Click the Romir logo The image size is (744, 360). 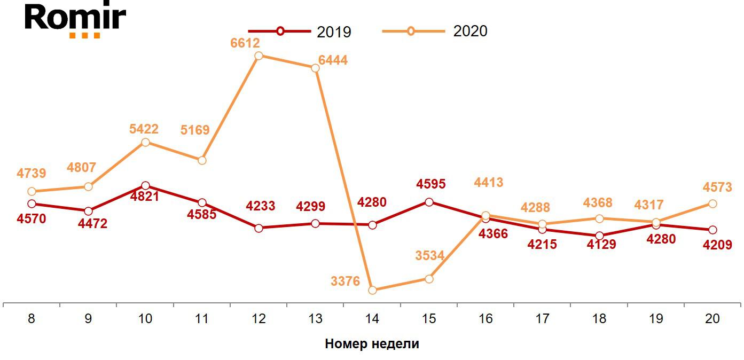coord(75,20)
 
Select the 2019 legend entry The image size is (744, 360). coord(300,31)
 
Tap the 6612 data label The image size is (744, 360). coord(245,43)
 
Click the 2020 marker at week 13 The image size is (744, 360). coord(315,68)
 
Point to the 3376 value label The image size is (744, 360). coord(346,281)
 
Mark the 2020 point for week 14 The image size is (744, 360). coord(373,290)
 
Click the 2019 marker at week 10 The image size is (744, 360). coord(145,185)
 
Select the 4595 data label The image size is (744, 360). coord(431,184)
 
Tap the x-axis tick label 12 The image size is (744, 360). coord(259,319)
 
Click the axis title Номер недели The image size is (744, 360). coord(372,343)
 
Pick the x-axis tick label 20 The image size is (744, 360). coord(712,319)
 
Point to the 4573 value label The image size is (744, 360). coord(717,187)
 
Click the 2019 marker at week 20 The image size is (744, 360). coord(712,230)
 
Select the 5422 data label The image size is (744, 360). coord(144,129)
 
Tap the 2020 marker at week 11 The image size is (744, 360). coord(202,160)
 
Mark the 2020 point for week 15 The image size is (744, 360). coord(429,279)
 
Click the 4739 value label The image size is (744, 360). coord(32,173)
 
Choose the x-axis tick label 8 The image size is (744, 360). coord(32,319)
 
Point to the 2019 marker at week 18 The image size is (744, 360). coord(599,236)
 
